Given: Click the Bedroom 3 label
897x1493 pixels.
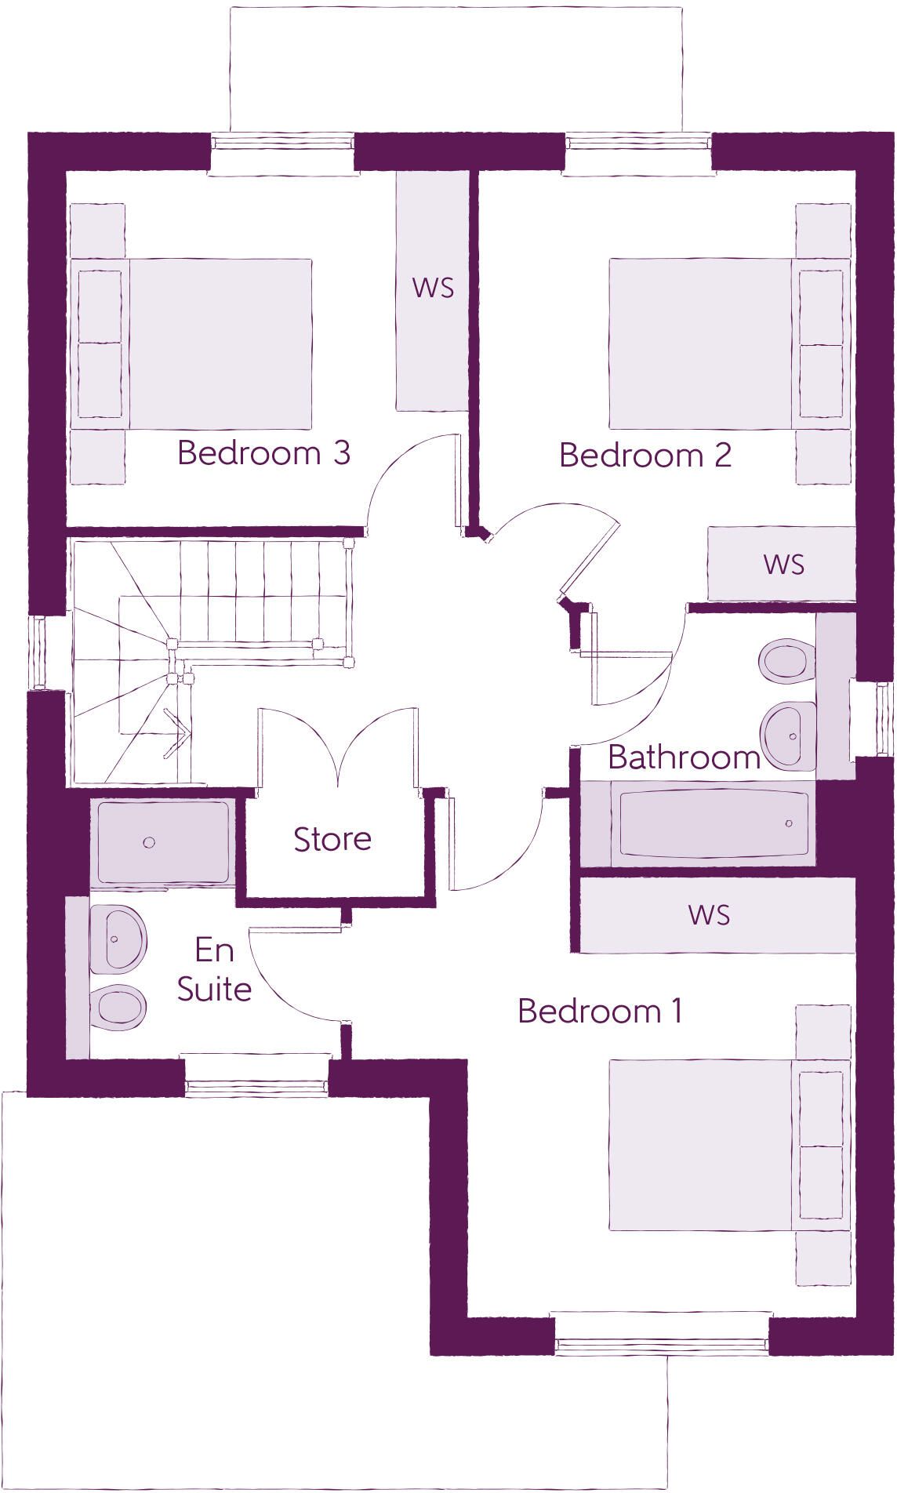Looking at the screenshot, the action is [263, 452].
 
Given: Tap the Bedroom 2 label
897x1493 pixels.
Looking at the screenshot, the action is [645, 455].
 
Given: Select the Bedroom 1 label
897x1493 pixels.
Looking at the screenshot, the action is [600, 1011].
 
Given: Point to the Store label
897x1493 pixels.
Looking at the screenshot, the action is [332, 839].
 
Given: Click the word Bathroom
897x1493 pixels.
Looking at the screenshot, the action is [685, 757].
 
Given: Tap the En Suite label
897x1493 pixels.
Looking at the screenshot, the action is [214, 970].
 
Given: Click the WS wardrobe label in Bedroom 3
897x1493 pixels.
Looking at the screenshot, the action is [433, 288].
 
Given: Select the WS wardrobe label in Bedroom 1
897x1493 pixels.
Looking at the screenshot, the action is [709, 914].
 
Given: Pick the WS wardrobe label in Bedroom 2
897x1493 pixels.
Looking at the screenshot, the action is [784, 564].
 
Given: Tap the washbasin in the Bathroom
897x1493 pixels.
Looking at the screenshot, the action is [789, 736].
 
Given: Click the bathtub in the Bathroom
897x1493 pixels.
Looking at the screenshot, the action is [713, 823].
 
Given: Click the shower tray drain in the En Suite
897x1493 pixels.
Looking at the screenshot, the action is [149, 842].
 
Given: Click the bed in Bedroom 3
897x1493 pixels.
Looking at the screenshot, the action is [191, 343].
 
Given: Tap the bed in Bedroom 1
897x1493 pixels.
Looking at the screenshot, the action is [730, 1145].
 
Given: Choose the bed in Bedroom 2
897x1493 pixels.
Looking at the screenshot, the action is [730, 343].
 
